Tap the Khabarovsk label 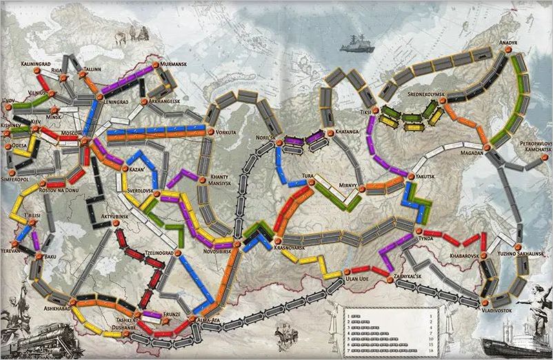[465, 255]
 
